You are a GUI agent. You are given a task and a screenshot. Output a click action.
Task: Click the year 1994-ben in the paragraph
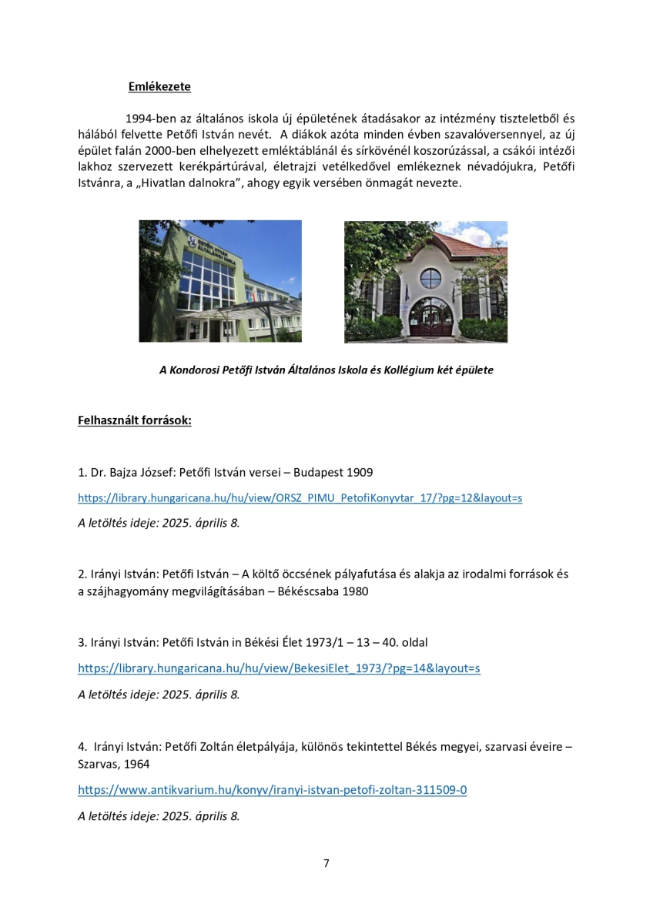(x=148, y=119)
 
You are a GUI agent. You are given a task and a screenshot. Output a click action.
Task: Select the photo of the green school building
(x=220, y=281)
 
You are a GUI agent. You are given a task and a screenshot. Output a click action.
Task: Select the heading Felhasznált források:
(x=135, y=420)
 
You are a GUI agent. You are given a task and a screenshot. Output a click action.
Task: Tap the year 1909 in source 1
(x=360, y=471)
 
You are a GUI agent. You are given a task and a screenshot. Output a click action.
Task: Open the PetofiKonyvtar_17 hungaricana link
(x=300, y=498)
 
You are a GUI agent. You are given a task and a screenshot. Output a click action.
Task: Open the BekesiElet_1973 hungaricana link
(x=279, y=668)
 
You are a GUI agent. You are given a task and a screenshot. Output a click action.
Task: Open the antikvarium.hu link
(x=272, y=790)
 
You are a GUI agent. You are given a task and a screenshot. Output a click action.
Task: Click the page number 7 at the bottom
(x=326, y=863)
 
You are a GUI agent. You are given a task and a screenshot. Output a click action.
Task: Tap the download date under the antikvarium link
(x=159, y=815)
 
